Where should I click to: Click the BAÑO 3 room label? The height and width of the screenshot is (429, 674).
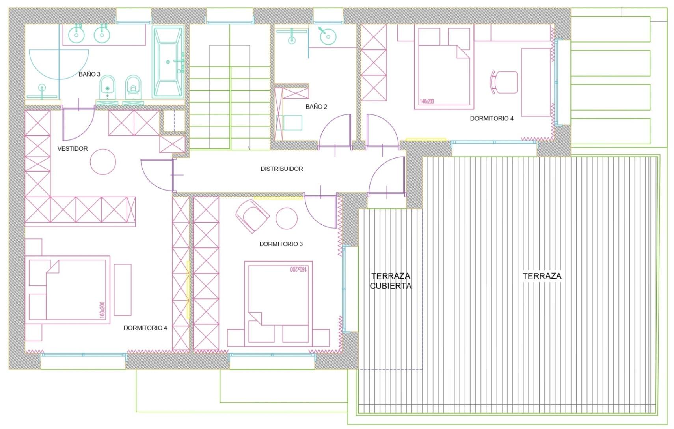89,74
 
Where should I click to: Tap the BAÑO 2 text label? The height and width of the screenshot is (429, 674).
316,106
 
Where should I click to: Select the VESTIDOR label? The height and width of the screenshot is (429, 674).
73,148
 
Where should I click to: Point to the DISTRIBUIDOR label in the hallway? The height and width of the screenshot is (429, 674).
282,169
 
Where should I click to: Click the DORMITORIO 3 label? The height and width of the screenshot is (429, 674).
281,244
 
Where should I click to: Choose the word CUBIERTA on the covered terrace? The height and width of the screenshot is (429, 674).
391,286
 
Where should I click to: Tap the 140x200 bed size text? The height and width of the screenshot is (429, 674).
426,101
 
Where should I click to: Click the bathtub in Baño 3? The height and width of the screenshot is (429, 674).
168,62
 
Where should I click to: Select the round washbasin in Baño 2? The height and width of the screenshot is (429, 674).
328,37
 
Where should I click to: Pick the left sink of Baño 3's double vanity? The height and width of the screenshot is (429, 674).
76,35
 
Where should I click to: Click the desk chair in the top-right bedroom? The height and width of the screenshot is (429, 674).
504,82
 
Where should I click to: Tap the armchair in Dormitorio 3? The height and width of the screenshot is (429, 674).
252,216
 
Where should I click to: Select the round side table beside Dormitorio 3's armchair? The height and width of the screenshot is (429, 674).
287,218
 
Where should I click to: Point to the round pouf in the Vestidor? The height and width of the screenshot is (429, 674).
103,162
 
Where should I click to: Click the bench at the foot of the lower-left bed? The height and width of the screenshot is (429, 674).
123,290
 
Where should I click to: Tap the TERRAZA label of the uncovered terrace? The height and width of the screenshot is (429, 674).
542,276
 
